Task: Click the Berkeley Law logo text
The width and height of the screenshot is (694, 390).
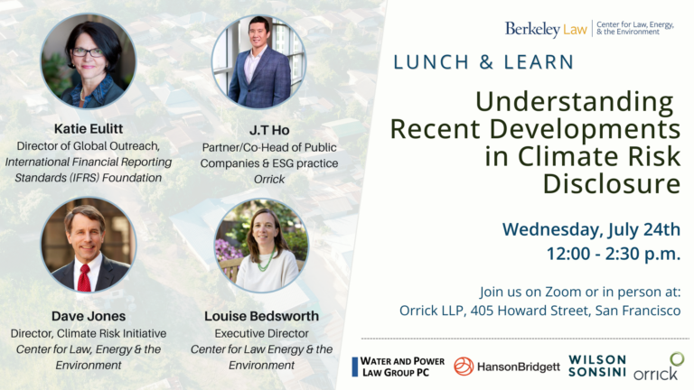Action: pyautogui.click(x=546, y=30)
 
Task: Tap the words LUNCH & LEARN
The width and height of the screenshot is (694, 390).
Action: pyautogui.click(x=483, y=62)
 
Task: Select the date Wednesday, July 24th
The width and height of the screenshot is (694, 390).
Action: pyautogui.click(x=592, y=228)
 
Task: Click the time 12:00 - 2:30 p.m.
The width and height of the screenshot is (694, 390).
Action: pyautogui.click(x=614, y=254)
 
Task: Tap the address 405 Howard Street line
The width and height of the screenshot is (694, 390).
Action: pyautogui.click(x=539, y=310)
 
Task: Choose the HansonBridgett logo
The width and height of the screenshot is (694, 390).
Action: pyautogui.click(x=506, y=367)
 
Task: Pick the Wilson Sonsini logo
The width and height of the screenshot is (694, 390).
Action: pyautogui.click(x=596, y=366)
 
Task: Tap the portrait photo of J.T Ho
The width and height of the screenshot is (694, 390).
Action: pyautogui.click(x=260, y=62)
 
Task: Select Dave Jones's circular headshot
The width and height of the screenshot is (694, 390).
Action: pyautogui.click(x=88, y=246)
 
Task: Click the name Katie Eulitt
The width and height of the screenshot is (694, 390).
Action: pyautogui.click(x=89, y=128)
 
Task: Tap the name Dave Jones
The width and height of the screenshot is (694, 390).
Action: pyautogui.click(x=89, y=316)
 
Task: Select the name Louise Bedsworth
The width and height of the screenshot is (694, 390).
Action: pyautogui.click(x=261, y=316)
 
